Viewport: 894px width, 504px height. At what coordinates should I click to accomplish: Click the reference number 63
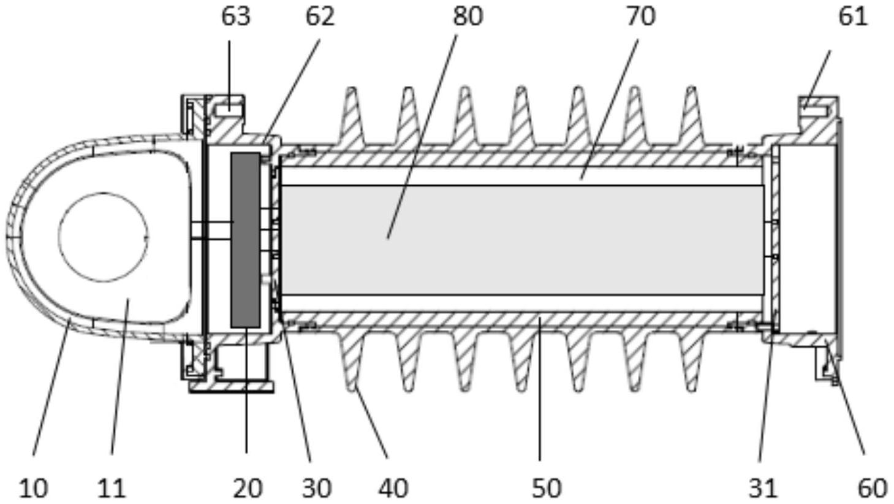coord(236,17)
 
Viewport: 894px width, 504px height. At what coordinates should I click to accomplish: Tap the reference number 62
coord(320,17)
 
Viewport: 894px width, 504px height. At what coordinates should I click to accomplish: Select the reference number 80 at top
coord(468,17)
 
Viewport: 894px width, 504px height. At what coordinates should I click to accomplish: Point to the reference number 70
coord(640,17)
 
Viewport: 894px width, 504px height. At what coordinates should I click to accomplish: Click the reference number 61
coord(853,17)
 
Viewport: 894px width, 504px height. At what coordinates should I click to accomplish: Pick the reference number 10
coord(34,488)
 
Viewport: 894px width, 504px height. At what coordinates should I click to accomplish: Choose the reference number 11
coord(112,488)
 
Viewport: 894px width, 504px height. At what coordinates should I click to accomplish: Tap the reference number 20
coord(248,488)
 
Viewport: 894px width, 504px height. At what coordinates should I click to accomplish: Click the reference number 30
coord(317,488)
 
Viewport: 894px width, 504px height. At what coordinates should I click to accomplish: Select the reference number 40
coord(393,488)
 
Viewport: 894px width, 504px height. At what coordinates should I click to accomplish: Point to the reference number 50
coord(547,488)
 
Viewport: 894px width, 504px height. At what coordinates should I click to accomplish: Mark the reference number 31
coord(763,488)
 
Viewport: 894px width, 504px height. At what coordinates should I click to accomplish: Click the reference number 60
coord(873,488)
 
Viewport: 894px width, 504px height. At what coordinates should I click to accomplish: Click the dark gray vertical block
coord(246,240)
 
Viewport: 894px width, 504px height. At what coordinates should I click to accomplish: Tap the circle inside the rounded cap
coord(104,237)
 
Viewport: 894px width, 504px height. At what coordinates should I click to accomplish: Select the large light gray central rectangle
coord(523,240)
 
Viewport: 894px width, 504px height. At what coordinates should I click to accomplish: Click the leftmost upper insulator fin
coord(351,115)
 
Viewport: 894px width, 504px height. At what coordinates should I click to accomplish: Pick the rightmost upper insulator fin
coord(692,115)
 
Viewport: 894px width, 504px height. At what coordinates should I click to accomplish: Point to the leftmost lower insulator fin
coord(351,361)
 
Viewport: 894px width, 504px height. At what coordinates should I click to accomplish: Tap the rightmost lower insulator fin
coord(692,361)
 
